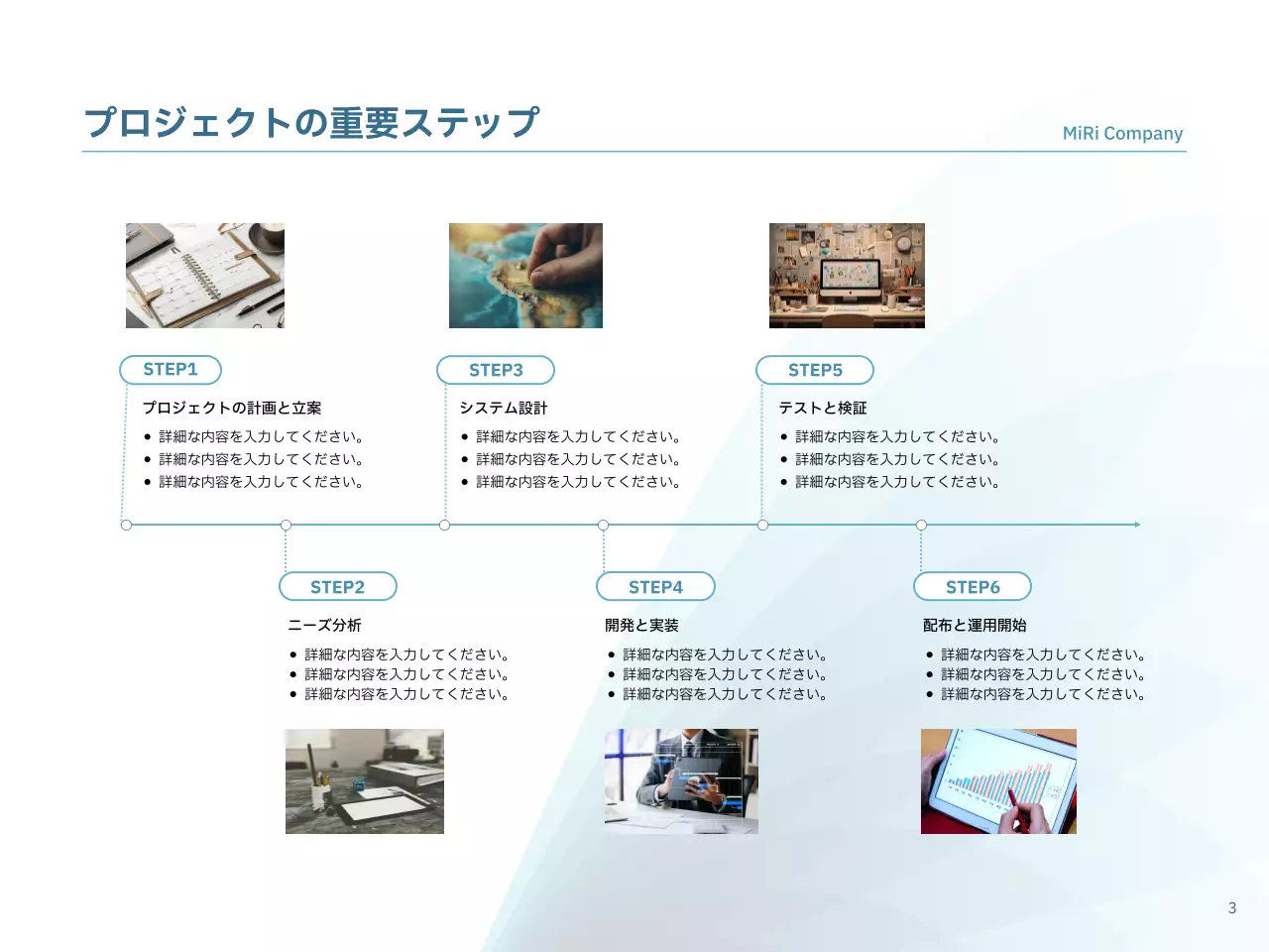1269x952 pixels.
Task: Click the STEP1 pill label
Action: coord(171,370)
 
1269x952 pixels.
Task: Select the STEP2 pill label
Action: coord(337,587)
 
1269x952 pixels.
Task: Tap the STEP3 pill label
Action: coord(496,370)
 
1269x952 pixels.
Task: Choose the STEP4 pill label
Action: coord(655,587)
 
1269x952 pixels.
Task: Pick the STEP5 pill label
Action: coord(815,370)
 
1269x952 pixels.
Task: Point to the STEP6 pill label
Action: coord(973,587)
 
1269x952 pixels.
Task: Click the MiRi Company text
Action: coord(1122,133)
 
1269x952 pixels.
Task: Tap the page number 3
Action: coord(1232,907)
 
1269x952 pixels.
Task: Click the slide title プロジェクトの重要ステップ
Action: coord(311,122)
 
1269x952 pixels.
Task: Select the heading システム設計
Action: coord(504,408)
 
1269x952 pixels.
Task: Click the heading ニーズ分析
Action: coord(324,625)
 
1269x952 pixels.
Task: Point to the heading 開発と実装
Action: coord(641,625)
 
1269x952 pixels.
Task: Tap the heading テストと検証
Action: coord(823,408)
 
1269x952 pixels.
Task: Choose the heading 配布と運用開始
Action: coord(975,625)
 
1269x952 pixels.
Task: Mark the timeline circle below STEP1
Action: coord(126,525)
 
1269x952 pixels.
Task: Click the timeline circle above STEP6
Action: coord(921,525)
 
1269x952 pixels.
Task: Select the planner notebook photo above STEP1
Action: coord(205,276)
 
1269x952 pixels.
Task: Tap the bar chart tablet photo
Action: coord(998,781)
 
